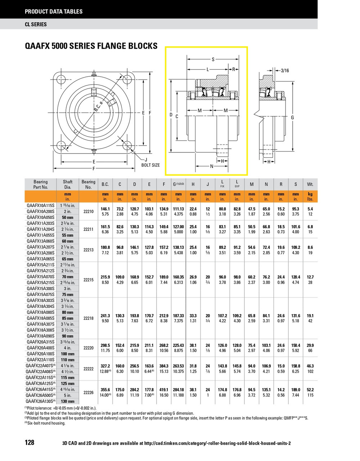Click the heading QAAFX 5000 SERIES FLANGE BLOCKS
pyautogui.click(x=91, y=46)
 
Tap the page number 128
pyautogui.click(x=30, y=442)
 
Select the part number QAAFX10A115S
pyautogui.click(x=40, y=205)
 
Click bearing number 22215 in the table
pyautogui.click(x=88, y=279)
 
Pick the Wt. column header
pyautogui.click(x=310, y=184)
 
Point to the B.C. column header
pyautogui.click(x=105, y=184)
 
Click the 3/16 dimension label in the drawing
pyautogui.click(x=284, y=71)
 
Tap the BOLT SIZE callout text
pyautogui.click(x=150, y=165)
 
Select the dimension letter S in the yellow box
pyautogui.click(x=213, y=59)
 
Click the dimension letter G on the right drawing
pyautogui.click(x=293, y=118)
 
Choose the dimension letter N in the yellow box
pyautogui.click(x=212, y=166)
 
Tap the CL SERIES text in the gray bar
pyautogui.click(x=36, y=24)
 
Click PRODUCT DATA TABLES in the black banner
pyautogui.click(x=54, y=12)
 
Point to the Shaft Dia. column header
pyautogui.click(x=68, y=184)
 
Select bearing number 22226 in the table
pyautogui.click(x=88, y=393)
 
